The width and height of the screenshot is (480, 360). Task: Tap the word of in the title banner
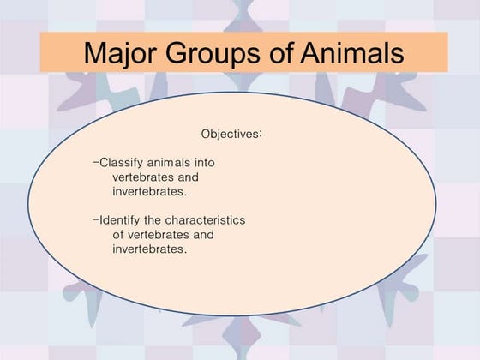[x=279, y=53]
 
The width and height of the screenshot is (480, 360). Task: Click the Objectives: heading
[x=231, y=135]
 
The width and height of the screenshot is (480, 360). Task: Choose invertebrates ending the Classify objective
[x=150, y=190]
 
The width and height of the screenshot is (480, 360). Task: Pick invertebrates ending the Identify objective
[x=150, y=249]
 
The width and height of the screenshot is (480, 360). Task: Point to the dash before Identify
[x=95, y=219]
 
